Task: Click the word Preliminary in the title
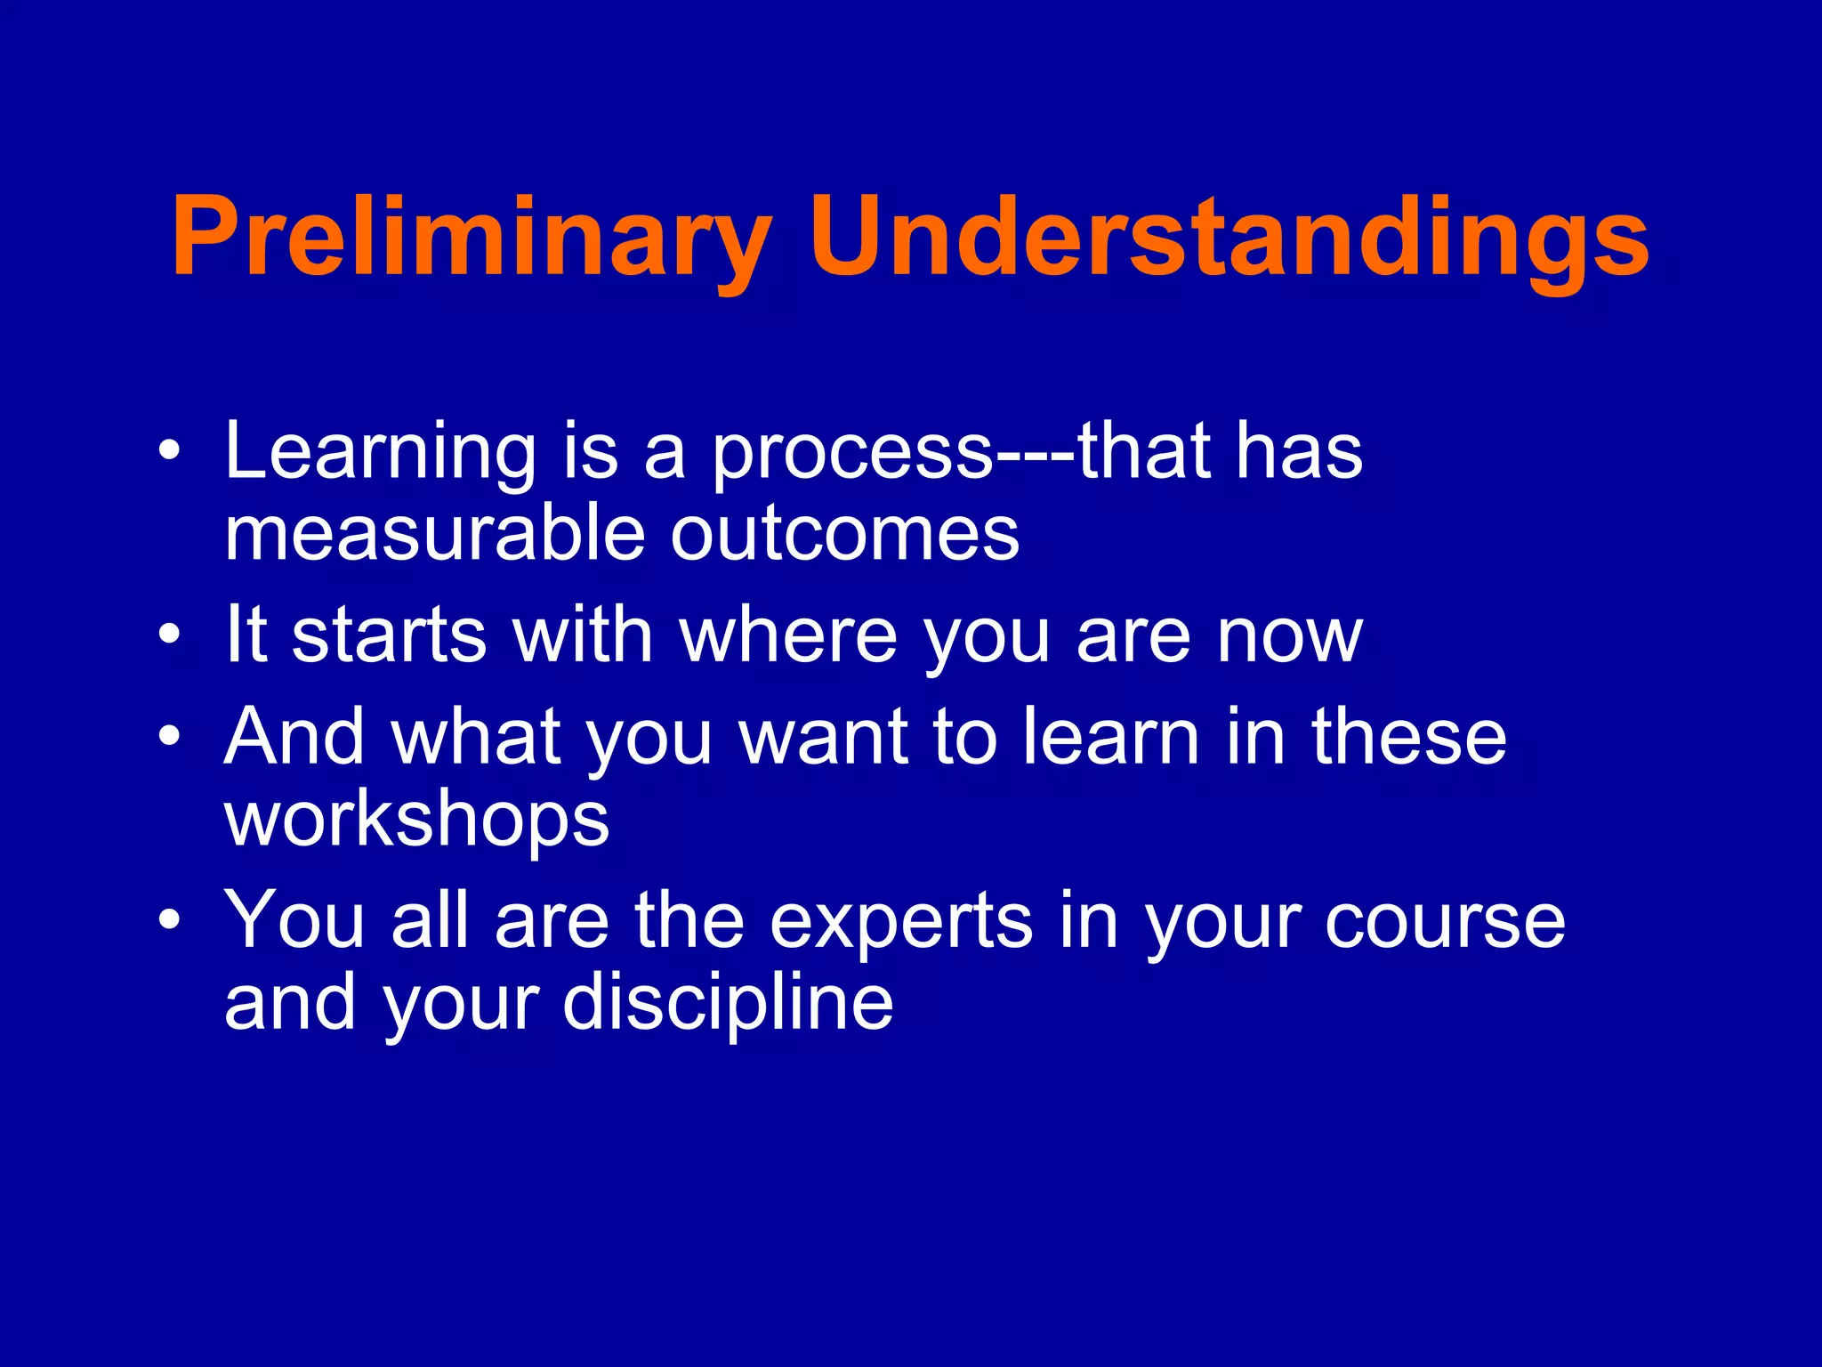click(x=472, y=239)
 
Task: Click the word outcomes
click(x=844, y=535)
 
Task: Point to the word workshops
click(x=416, y=821)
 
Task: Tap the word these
click(x=1409, y=737)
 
